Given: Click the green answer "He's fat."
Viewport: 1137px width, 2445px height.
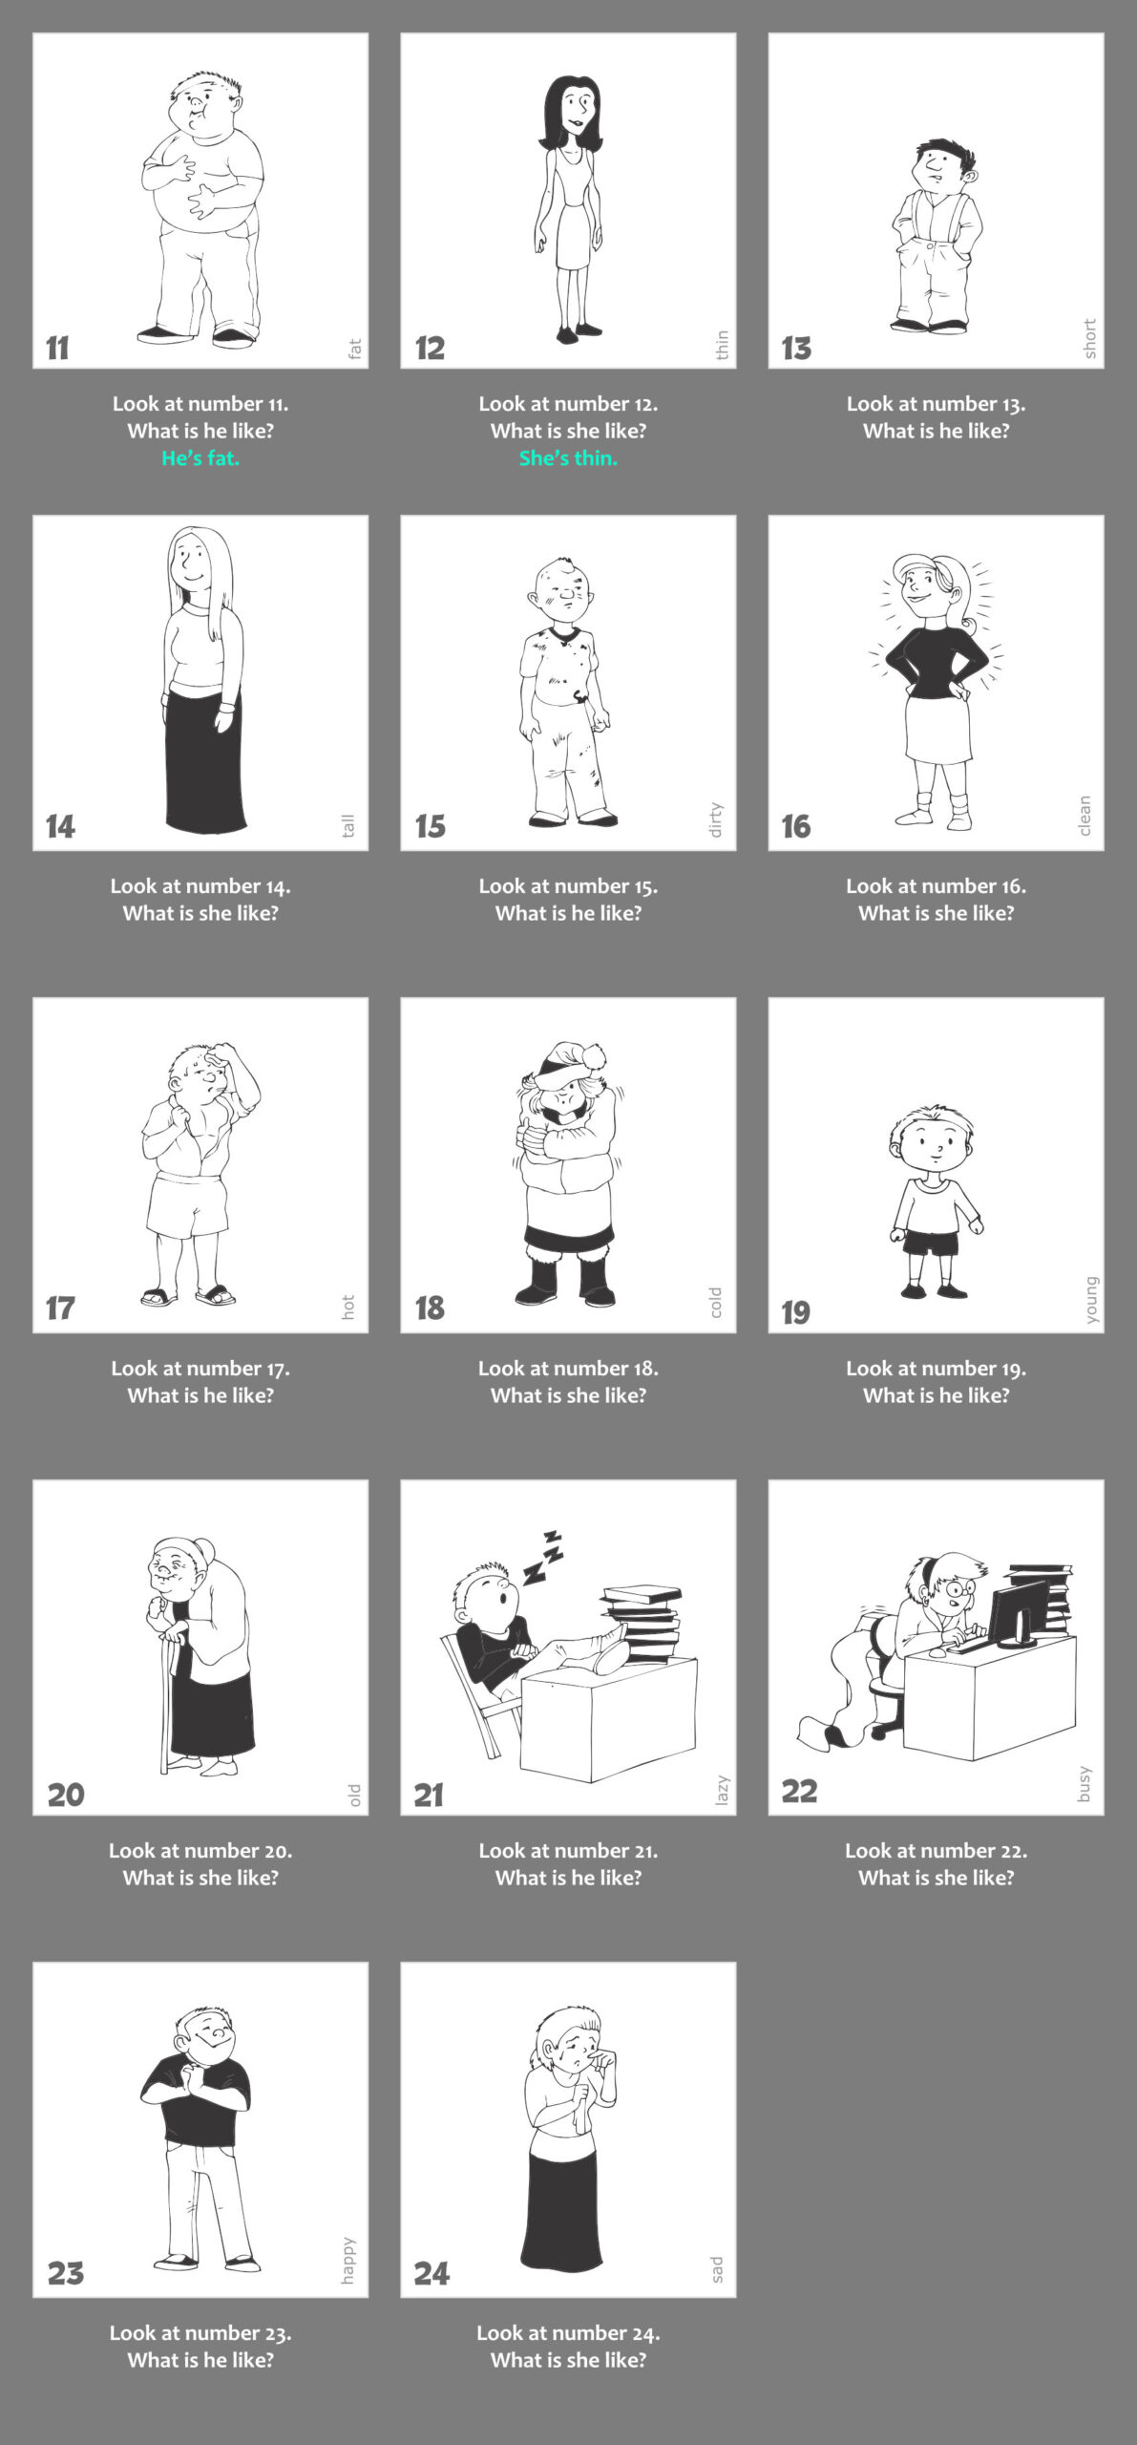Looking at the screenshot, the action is [200, 458].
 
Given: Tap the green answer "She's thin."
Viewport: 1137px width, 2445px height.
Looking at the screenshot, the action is [568, 458].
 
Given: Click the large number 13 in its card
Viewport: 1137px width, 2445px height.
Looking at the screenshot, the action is [796, 349].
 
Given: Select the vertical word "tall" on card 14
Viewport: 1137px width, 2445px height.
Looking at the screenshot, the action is [348, 825].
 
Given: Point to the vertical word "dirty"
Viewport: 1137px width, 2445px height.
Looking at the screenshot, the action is [716, 819].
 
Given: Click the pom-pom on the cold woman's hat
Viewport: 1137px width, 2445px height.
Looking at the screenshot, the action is [597, 1055].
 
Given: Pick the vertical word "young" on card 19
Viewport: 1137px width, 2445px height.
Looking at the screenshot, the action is [1092, 1300].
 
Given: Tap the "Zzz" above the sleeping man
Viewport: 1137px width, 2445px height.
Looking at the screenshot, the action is [542, 1558].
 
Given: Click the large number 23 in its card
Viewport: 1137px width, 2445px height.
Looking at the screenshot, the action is [66, 2273].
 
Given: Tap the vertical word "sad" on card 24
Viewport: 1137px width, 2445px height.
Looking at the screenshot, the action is [717, 2269].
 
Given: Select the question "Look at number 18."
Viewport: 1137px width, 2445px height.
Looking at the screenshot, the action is [568, 1368].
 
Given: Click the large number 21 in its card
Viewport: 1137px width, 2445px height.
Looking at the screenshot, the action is [429, 1796].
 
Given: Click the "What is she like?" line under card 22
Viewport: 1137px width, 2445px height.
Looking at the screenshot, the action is [937, 1877].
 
